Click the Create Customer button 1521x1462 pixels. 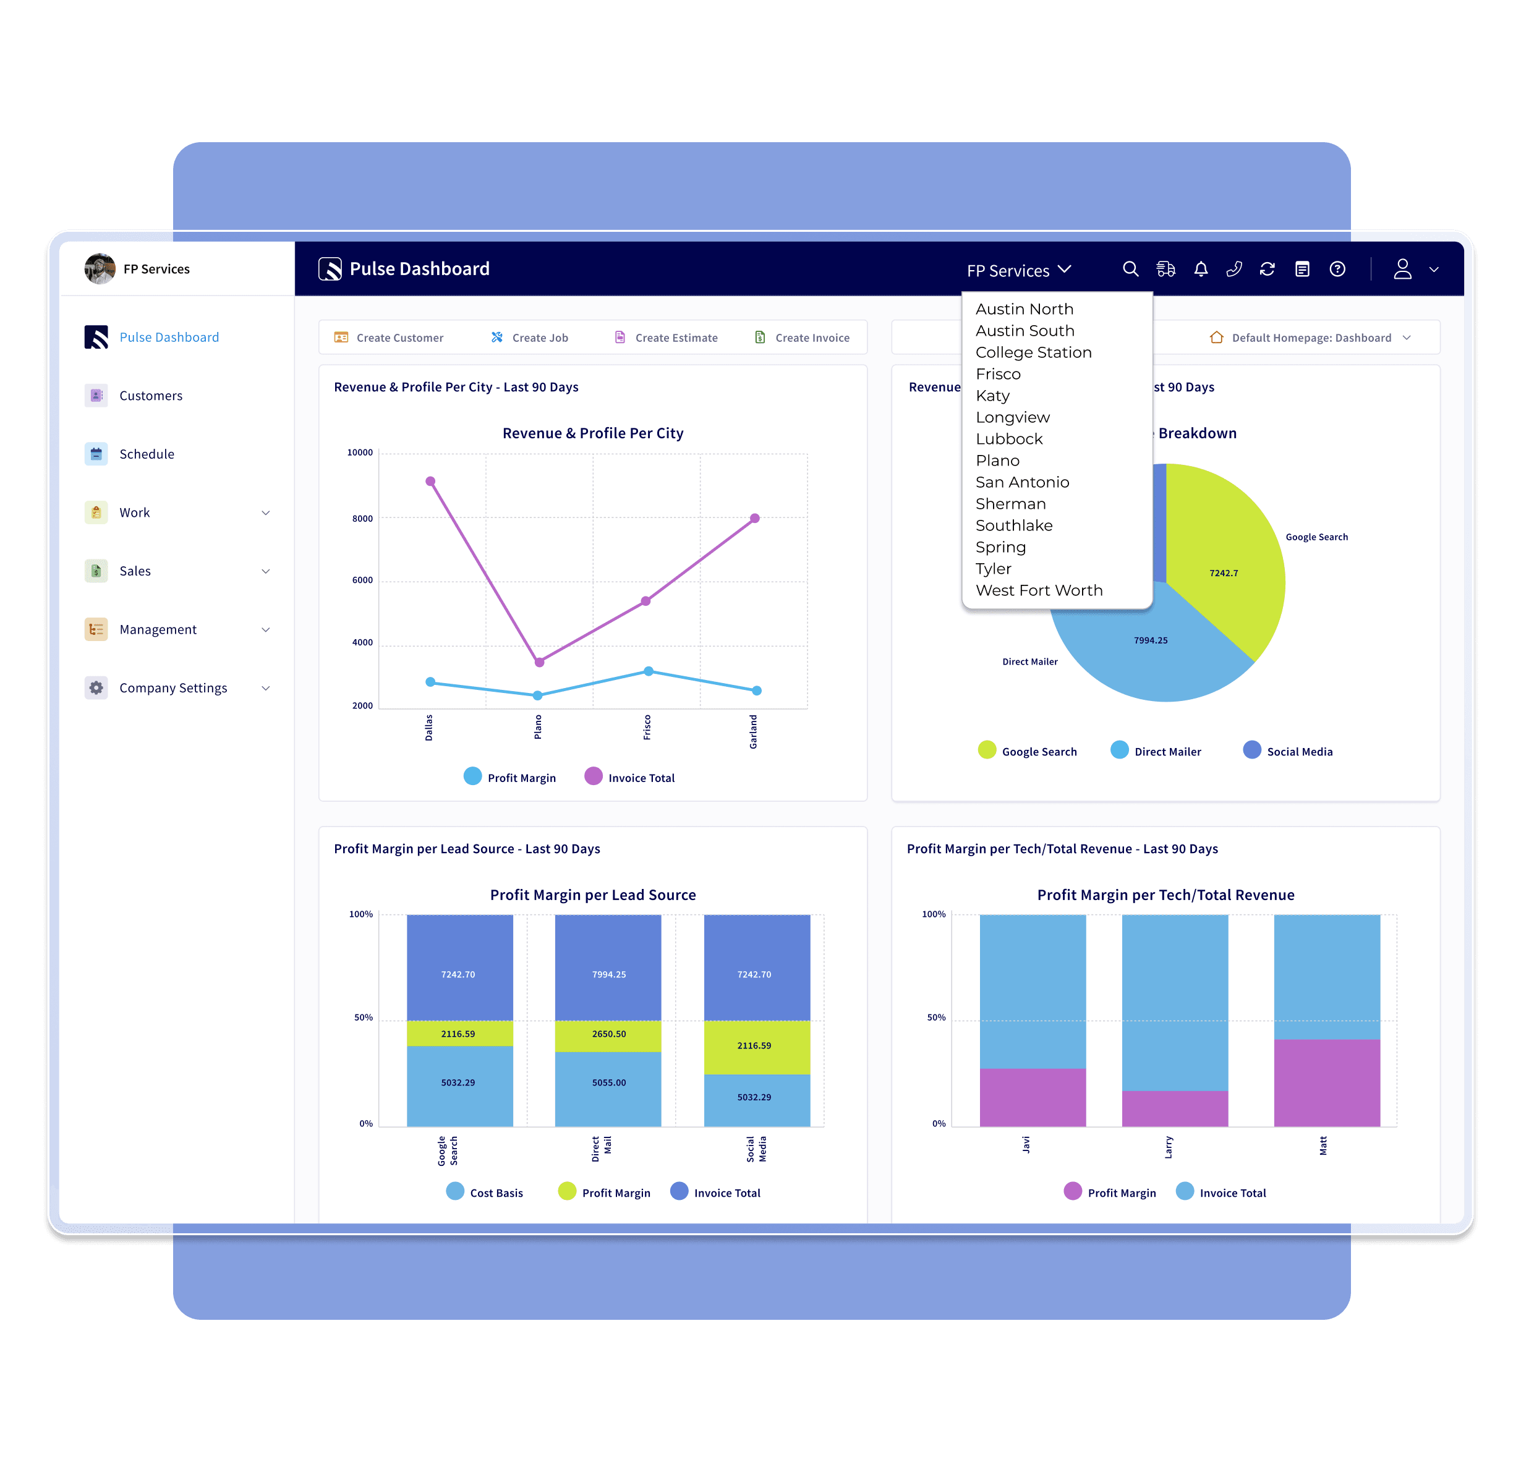pos(389,338)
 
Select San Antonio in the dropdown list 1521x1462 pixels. pos(1021,483)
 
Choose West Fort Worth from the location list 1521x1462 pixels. pos(1038,590)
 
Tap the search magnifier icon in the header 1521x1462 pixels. pos(1130,270)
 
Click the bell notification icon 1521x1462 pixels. pos(1201,270)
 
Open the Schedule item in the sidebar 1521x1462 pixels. pos(147,454)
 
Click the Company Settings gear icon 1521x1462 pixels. pos(96,687)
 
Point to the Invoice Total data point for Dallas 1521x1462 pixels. pos(431,481)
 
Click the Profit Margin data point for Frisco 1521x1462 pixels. pos(649,671)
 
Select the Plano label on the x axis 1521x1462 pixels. pos(538,727)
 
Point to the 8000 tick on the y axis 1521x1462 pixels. pos(362,519)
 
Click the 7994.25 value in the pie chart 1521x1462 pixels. pos(1150,640)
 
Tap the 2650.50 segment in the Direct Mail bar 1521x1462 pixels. pos(608,1034)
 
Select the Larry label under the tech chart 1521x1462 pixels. pos(1169,1147)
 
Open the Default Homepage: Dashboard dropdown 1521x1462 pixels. pos(1311,338)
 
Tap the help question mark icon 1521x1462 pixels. pos(1337,270)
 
